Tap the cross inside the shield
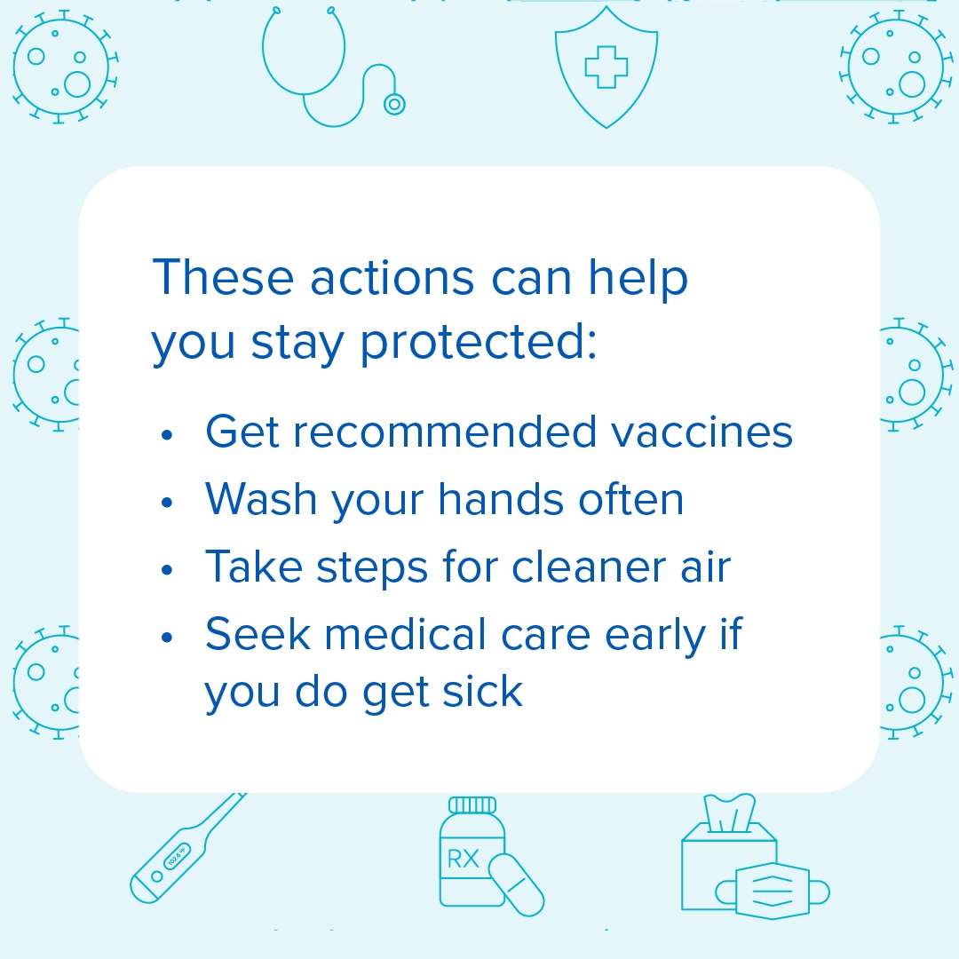pyautogui.click(x=606, y=67)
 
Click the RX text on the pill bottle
pyautogui.click(x=463, y=859)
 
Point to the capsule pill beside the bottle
pyautogui.click(x=516, y=885)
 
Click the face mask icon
pyautogui.click(x=773, y=891)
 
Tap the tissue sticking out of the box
pyautogui.click(x=730, y=812)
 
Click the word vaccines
pyautogui.click(x=701, y=432)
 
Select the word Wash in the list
pyautogui.click(x=260, y=499)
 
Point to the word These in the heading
pyautogui.click(x=223, y=277)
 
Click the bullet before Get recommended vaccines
pyautogui.click(x=167, y=435)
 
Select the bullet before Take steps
pyautogui.click(x=167, y=570)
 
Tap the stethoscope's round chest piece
pyautogui.click(x=394, y=104)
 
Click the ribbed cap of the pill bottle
pyautogui.click(x=472, y=804)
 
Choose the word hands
pyautogui.click(x=501, y=499)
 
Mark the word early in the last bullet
pyautogui.click(x=655, y=637)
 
